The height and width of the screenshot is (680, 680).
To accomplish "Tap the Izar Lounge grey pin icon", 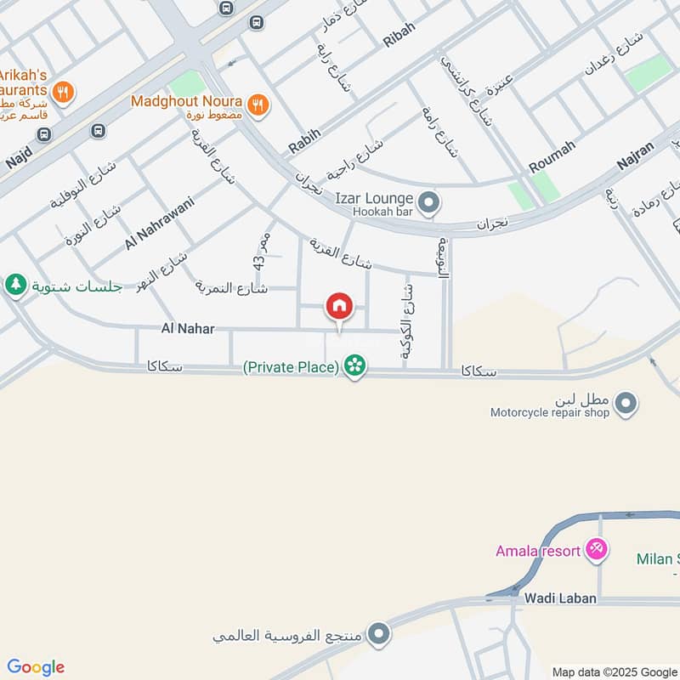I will (x=430, y=202).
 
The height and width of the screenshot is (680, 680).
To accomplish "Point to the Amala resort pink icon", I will (x=597, y=551).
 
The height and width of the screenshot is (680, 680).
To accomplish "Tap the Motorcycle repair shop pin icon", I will (x=626, y=404).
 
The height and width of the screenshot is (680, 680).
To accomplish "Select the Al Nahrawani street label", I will (x=160, y=223).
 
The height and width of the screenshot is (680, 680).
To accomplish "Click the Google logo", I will (x=35, y=667).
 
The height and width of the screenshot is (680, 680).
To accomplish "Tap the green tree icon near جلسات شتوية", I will (x=14, y=286).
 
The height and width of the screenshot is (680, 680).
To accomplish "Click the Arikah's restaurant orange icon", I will (x=62, y=91).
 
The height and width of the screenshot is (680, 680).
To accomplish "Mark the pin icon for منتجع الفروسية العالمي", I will (x=379, y=633).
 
